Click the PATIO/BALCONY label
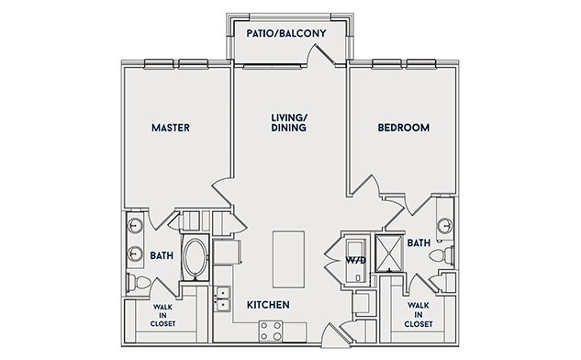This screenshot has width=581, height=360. [286, 33]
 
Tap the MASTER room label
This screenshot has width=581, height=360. [171, 128]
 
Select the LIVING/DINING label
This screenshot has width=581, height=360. [289, 123]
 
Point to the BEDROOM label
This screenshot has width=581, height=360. [404, 128]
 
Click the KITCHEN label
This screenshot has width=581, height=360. [268, 305]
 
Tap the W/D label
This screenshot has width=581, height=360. [356, 260]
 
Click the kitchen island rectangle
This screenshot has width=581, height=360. [288, 259]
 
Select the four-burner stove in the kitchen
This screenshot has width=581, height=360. [271, 332]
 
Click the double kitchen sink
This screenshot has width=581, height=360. [222, 298]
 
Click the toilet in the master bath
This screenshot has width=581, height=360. [139, 283]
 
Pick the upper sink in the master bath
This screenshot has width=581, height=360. [135, 225]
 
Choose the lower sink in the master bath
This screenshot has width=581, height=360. [135, 254]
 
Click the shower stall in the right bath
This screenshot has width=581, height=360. [388, 253]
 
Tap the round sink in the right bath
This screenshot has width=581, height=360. [444, 225]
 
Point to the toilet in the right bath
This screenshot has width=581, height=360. [441, 255]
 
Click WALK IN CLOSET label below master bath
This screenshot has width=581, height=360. [163, 316]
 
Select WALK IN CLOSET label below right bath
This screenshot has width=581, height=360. [419, 315]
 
